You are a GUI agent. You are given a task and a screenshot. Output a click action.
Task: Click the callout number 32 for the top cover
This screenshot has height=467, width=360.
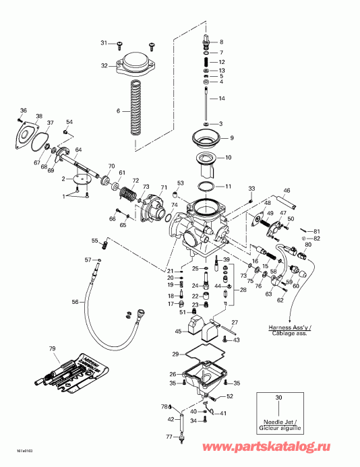click(x=104, y=65)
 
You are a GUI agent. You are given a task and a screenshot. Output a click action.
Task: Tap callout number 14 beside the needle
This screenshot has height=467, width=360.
click(x=221, y=99)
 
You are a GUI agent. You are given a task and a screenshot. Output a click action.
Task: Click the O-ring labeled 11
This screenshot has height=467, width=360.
click(x=207, y=185)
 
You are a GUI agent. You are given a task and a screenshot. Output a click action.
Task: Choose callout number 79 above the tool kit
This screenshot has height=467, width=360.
click(x=51, y=348)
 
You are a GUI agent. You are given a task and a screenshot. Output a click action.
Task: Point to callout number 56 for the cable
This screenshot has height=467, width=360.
click(x=75, y=302)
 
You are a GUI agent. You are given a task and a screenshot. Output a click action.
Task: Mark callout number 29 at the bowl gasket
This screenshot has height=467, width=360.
click(x=175, y=354)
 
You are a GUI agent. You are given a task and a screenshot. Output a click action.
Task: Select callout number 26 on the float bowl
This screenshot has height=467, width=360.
click(x=173, y=374)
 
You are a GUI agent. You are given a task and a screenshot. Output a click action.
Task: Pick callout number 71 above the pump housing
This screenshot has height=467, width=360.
click(x=163, y=187)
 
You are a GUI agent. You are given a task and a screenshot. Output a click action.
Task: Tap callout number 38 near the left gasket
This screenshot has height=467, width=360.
click(x=39, y=116)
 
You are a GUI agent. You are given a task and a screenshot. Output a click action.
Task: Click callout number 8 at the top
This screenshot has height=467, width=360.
click(x=220, y=42)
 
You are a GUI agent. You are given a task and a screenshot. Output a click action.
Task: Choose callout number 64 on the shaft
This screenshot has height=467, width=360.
click(x=78, y=150)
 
